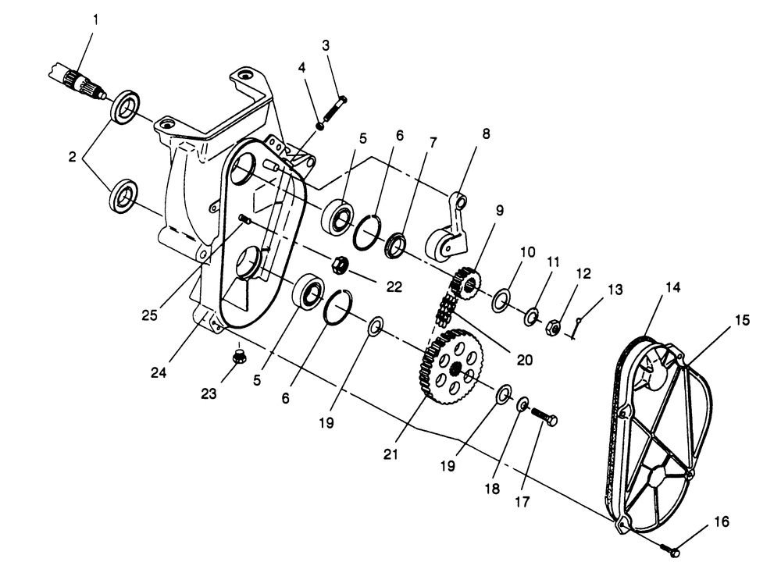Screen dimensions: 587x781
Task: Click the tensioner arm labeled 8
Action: click(450, 234)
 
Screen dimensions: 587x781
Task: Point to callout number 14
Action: click(672, 287)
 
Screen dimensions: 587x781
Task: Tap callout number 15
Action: click(741, 320)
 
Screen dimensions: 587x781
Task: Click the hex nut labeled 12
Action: click(551, 327)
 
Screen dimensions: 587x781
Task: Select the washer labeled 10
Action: click(501, 299)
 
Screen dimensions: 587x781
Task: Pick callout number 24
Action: click(159, 372)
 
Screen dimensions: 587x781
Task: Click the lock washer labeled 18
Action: click(522, 404)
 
